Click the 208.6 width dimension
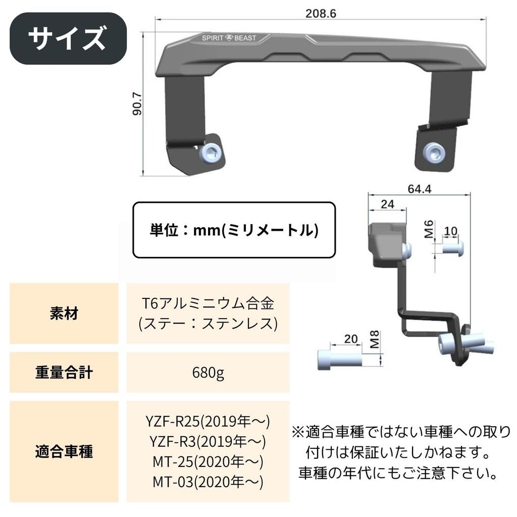coord(321,14)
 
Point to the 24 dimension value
coord(387,204)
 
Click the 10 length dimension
coord(450,231)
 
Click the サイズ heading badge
coord(68,38)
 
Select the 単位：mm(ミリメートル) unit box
coord(234,230)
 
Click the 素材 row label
coord(64,314)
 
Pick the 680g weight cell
coord(208,373)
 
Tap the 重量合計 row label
coord(64,373)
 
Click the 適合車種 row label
coord(64,451)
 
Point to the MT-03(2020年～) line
coord(208,482)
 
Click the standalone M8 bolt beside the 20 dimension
coord(340,359)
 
